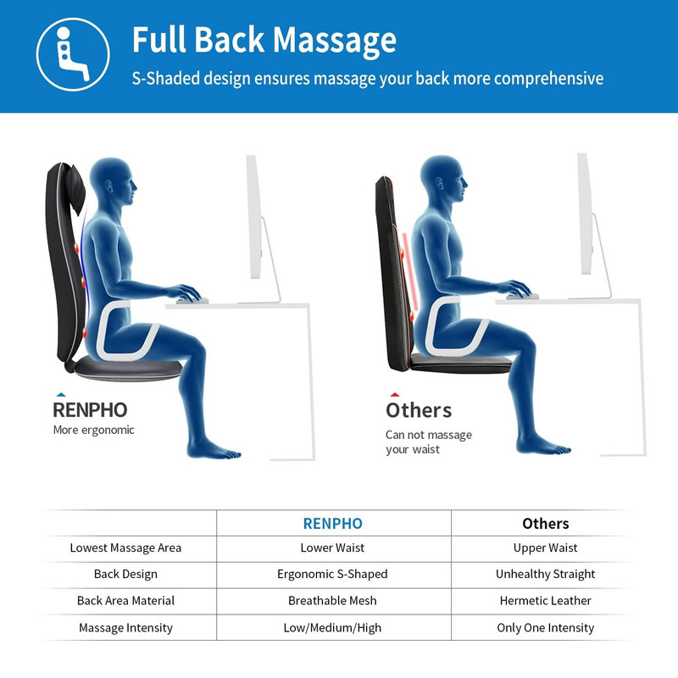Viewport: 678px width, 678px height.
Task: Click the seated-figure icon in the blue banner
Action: point(73,54)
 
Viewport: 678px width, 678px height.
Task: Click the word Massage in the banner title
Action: point(335,41)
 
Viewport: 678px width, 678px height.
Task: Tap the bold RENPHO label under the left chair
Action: point(90,410)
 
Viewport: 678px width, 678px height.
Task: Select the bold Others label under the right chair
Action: point(419,410)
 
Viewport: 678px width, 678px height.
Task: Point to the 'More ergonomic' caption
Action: point(93,431)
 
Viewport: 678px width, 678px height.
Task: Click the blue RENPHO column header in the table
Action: point(332,524)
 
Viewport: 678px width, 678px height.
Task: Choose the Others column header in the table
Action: point(545,524)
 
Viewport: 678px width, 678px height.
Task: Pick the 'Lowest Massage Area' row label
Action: point(125,547)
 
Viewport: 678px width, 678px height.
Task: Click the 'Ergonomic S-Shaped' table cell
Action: point(332,575)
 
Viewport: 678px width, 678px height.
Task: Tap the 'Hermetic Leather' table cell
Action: point(545,601)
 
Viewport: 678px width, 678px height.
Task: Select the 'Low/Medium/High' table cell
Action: point(332,628)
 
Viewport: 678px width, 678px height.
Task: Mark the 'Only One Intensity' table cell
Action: point(545,628)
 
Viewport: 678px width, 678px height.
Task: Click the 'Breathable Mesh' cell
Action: point(332,601)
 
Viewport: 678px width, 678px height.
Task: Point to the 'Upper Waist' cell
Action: point(545,547)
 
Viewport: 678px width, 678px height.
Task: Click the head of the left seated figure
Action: point(114,181)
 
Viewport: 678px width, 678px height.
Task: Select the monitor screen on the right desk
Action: point(585,214)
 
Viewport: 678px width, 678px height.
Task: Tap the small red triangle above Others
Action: point(394,394)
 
